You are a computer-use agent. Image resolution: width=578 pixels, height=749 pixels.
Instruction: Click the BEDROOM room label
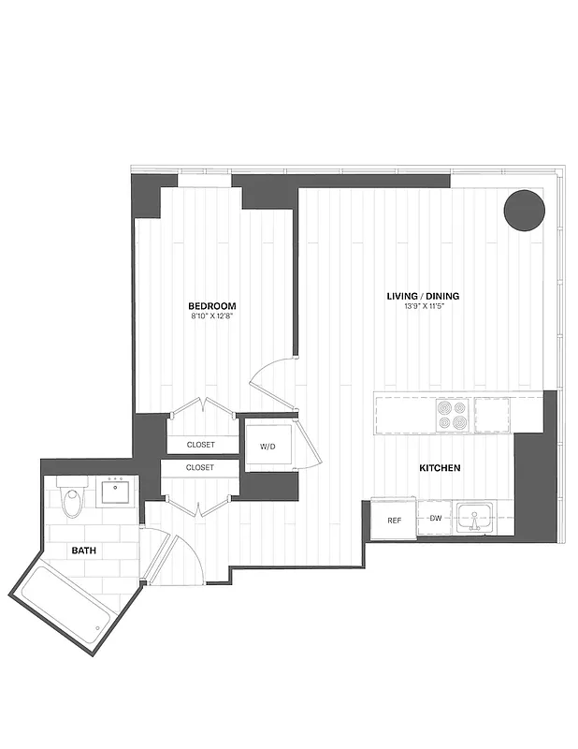click(211, 306)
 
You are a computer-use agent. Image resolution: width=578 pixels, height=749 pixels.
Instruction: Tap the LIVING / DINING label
click(423, 297)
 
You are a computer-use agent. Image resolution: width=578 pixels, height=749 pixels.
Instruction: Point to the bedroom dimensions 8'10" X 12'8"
click(211, 316)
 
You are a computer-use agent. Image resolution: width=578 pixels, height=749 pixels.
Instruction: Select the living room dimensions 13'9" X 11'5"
click(423, 307)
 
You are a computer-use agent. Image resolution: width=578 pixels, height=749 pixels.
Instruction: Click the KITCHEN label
click(438, 467)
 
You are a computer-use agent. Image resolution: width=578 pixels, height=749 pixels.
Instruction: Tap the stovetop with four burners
click(453, 415)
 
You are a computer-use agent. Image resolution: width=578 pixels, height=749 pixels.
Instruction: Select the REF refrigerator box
click(395, 520)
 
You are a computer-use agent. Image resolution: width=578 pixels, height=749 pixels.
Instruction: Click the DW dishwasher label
click(435, 518)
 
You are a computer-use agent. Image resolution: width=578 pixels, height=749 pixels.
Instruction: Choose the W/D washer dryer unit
click(268, 445)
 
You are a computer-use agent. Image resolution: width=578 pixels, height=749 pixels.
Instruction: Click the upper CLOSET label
click(200, 445)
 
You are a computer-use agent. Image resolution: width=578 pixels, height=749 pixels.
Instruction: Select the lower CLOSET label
click(200, 467)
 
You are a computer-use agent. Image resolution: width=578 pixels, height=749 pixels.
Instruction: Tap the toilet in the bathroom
click(70, 502)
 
